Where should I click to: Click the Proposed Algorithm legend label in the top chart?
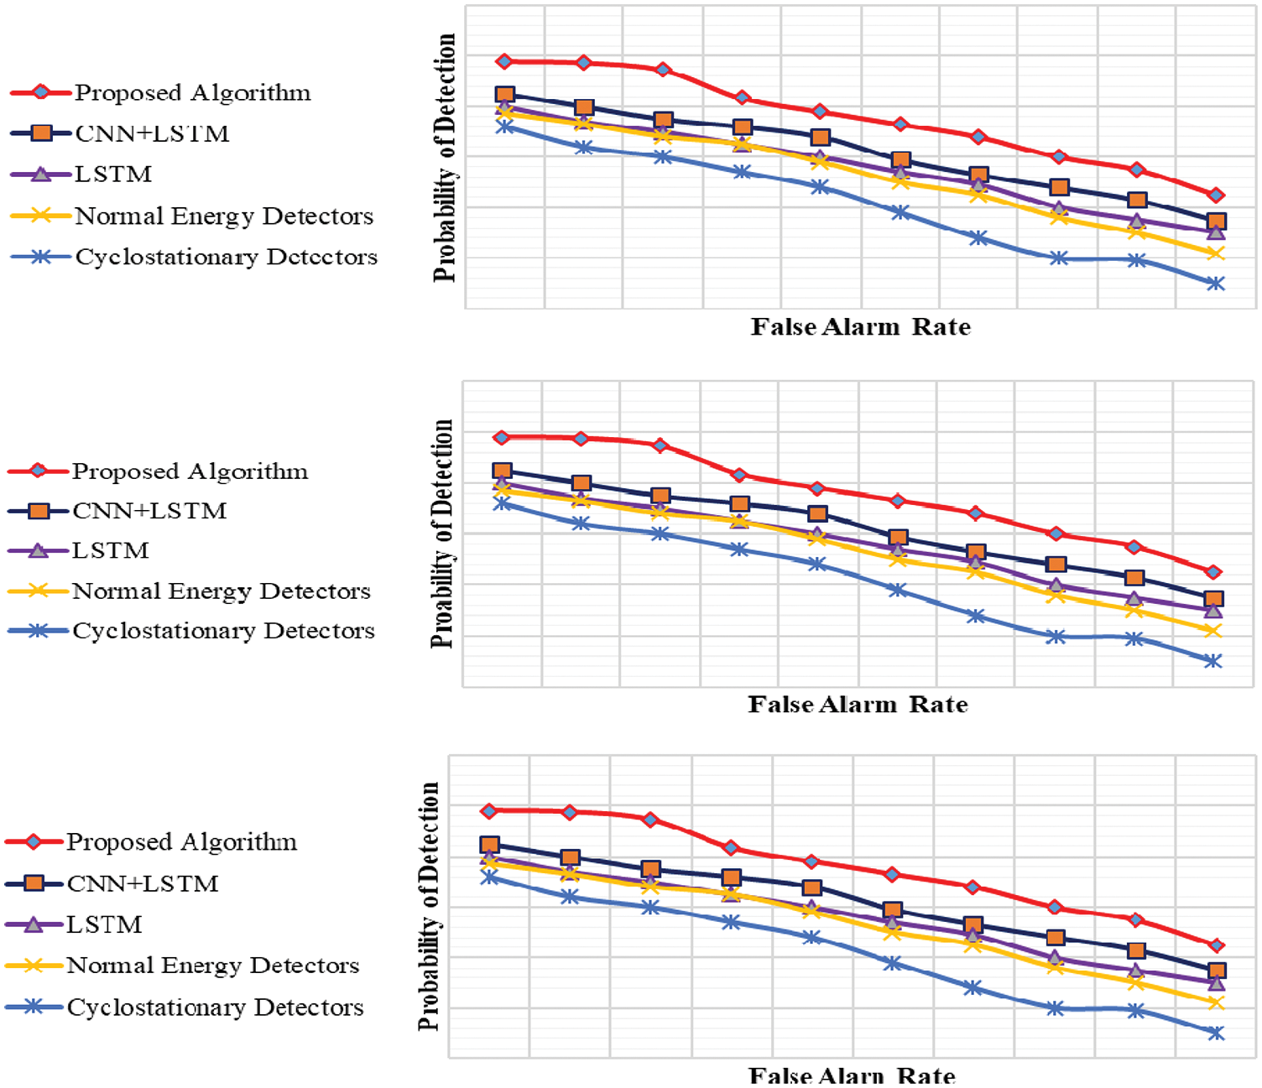coord(192,92)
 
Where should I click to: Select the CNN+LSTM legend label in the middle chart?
coord(149,511)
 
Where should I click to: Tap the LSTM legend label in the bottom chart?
coord(104,924)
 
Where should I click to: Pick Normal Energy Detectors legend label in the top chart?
coord(224,216)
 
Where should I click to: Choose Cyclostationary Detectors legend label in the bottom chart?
coord(215,1007)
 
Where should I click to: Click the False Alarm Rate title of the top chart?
coord(860,326)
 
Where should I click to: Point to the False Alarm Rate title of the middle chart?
coord(858,704)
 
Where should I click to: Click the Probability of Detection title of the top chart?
coord(444,158)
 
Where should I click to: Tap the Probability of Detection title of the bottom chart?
coord(429,906)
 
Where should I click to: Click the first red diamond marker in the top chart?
coord(504,61)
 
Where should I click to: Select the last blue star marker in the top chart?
coord(1216,284)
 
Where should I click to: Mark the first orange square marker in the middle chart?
coord(502,471)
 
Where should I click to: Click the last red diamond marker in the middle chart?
coord(1212,571)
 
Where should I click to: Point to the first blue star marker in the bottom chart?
coord(489,877)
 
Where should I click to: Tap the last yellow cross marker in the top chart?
coord(1216,253)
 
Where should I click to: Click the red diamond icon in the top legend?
coord(40,92)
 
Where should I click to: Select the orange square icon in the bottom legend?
coord(34,883)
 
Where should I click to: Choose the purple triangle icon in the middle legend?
coord(38,551)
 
